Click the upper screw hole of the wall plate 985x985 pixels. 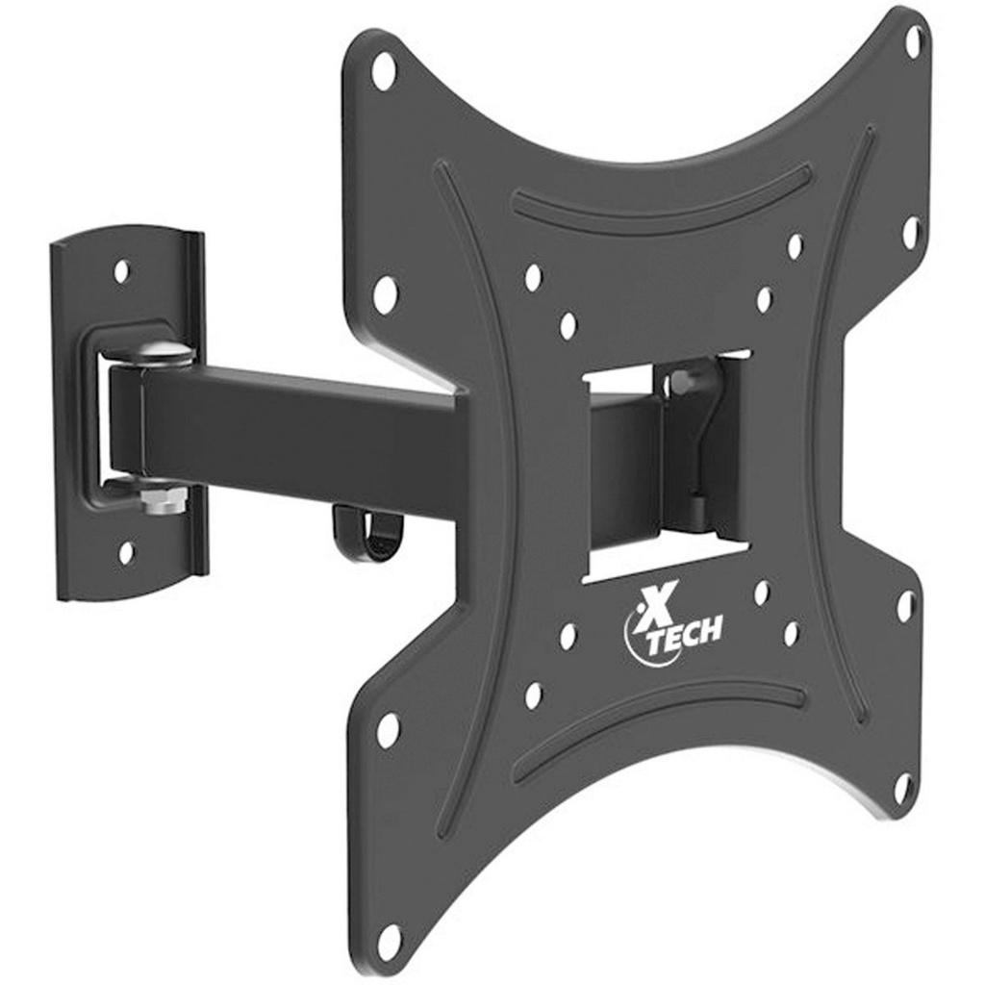(122, 271)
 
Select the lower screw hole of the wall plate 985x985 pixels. (126, 553)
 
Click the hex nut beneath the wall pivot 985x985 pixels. (154, 499)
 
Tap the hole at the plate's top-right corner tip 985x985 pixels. (913, 41)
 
